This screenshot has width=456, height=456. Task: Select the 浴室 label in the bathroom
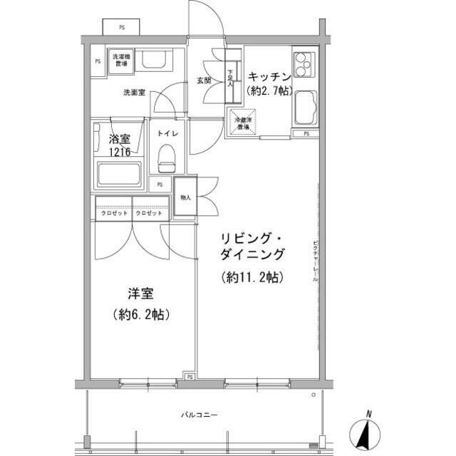click(x=119, y=140)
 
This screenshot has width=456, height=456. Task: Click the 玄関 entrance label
click(x=204, y=81)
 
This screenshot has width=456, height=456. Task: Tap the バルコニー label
click(x=198, y=415)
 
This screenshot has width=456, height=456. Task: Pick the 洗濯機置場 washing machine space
click(x=120, y=60)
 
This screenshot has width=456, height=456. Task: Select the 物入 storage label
click(x=185, y=197)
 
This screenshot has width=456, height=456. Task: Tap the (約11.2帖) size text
click(x=252, y=277)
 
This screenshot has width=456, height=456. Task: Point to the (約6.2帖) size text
click(x=140, y=314)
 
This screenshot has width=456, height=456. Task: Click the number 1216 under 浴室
click(x=119, y=152)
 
